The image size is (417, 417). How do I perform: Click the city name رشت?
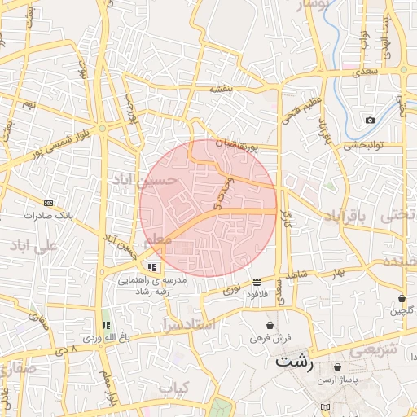[294, 362]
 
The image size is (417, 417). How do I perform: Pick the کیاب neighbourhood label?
[174, 388]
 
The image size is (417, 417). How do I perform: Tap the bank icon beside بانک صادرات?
[49, 203]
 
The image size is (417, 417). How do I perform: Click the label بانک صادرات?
[49, 216]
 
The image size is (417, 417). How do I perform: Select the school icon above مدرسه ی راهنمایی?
[152, 266]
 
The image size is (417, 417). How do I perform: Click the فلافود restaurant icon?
[257, 281]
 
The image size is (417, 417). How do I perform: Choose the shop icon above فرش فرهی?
[270, 325]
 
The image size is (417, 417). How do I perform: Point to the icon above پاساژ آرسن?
[337, 367]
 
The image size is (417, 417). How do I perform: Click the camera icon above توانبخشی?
[371, 121]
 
